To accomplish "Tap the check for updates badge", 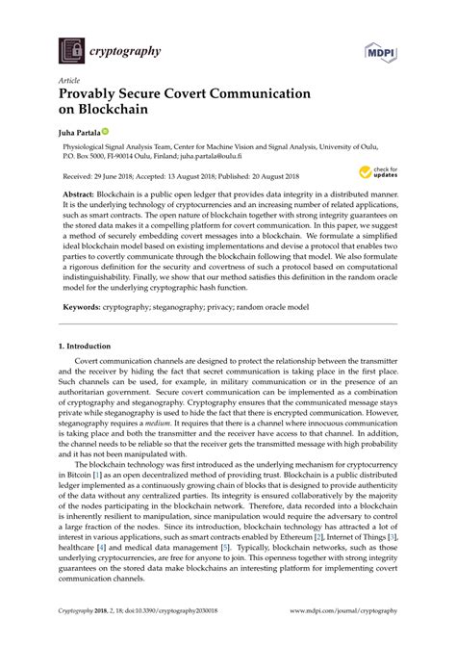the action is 378,174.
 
